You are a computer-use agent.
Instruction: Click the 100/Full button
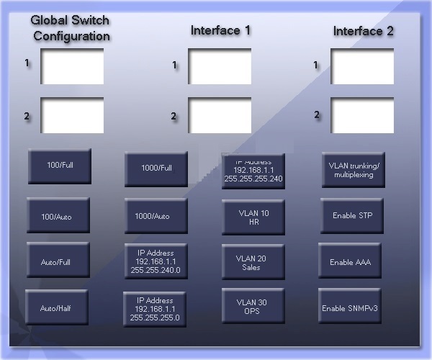60,166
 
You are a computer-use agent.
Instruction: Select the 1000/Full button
156,169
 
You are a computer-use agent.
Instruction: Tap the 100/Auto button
58,215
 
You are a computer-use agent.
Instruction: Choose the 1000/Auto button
156,216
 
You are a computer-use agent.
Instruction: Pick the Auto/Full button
58,260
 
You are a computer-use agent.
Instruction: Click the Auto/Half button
57,307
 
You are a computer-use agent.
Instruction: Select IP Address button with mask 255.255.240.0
156,261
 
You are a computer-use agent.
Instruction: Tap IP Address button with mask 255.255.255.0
155,310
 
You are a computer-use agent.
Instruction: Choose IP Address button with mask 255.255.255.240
253,171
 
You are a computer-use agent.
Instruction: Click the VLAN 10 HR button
253,217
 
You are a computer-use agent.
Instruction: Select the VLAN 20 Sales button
253,262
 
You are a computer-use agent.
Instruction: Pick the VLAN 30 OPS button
253,306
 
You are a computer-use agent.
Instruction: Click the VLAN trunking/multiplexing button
354,170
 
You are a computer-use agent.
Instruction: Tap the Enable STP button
352,216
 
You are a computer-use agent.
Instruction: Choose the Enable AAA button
350,261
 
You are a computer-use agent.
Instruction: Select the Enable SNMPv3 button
350,306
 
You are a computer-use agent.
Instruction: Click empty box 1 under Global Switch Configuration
72,66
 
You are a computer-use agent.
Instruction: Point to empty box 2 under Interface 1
220,115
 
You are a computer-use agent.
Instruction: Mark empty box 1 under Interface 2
362,66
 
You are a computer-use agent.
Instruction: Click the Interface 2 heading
363,31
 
